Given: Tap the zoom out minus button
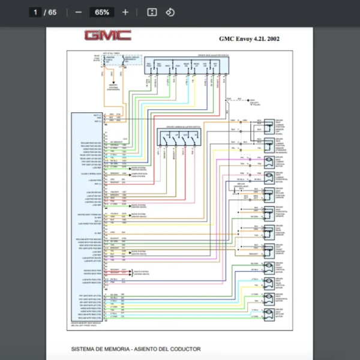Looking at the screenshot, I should pyautogui.click(x=79, y=12).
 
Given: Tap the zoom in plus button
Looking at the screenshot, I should pyautogui.click(x=125, y=12).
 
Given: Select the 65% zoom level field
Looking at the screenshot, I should pyautogui.click(x=101, y=12).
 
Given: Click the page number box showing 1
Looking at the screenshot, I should pyautogui.click(x=35, y=12).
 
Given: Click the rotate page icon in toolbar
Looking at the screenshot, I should pyautogui.click(x=170, y=12).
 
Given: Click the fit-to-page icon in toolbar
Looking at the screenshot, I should pyautogui.click(x=152, y=12).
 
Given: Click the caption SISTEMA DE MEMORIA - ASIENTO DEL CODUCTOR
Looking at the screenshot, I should pyautogui.click(x=136, y=349).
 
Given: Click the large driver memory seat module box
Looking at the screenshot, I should pyautogui.click(x=87, y=216).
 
